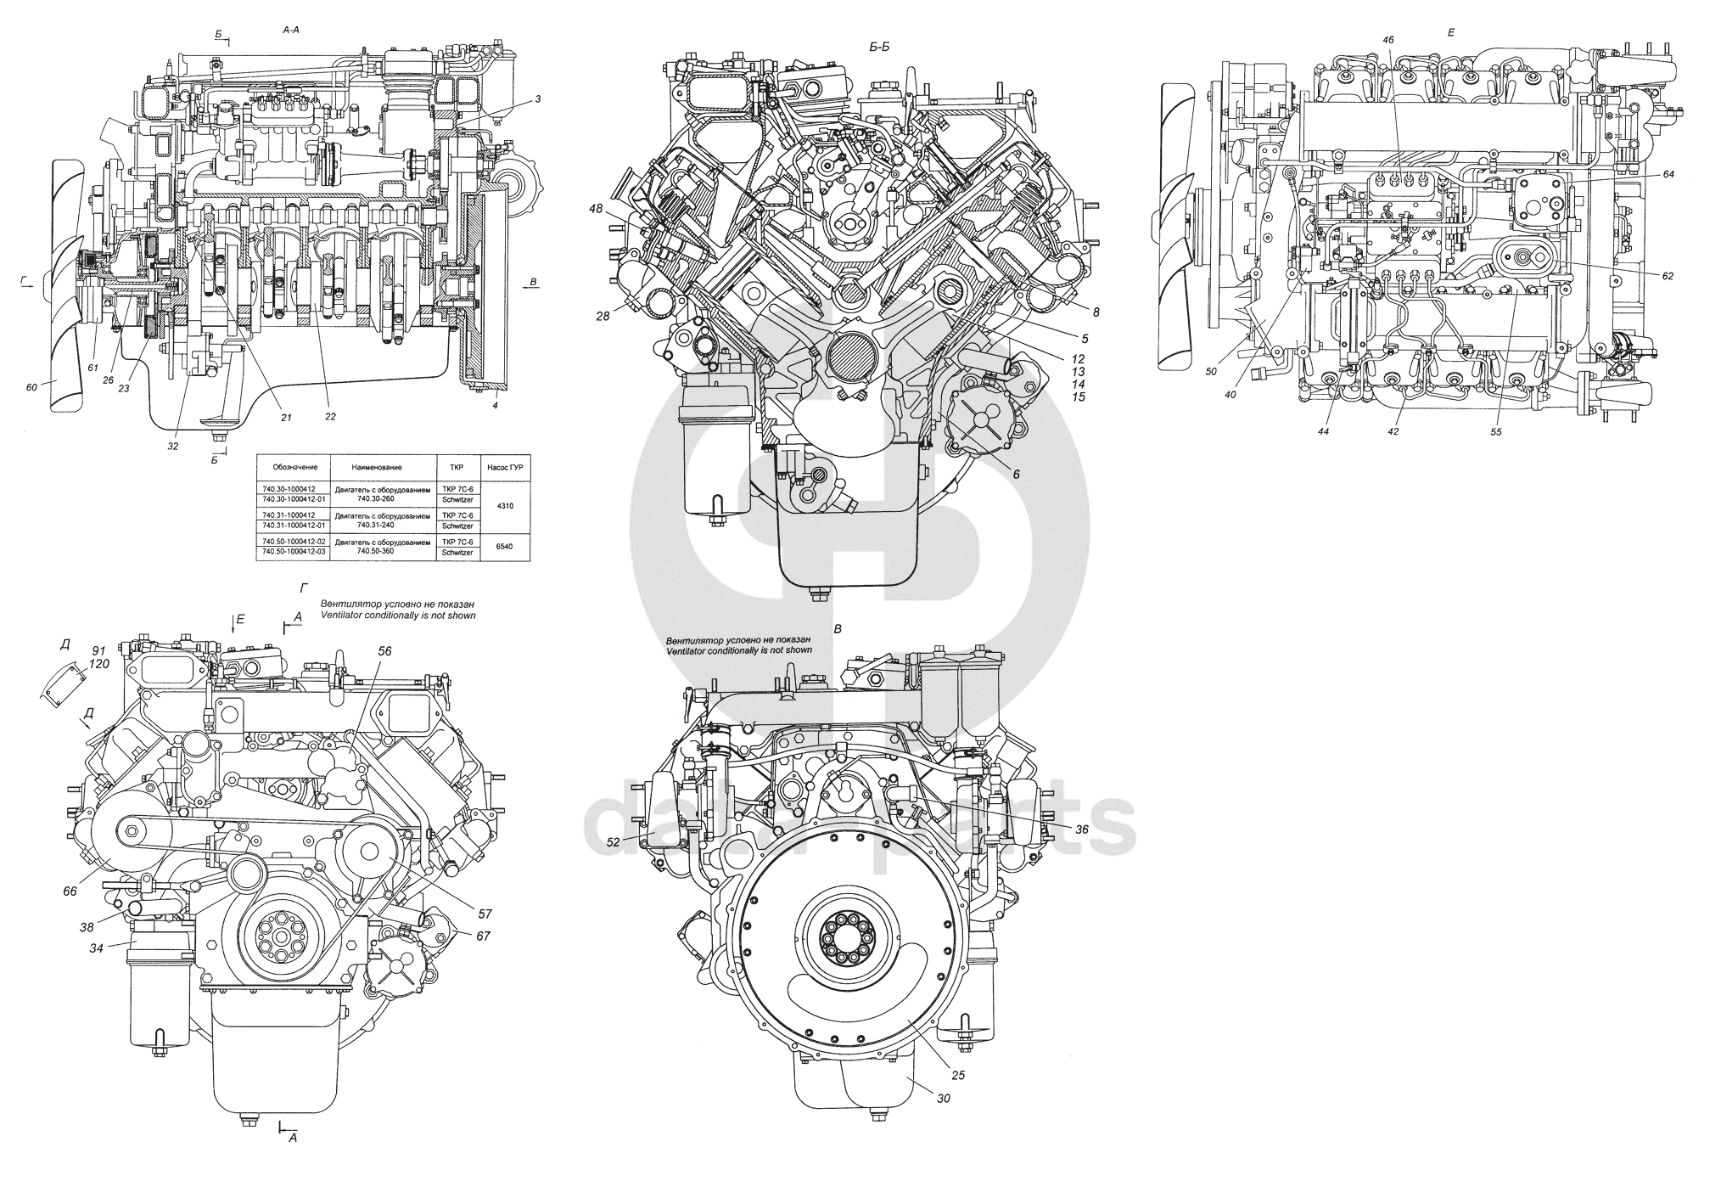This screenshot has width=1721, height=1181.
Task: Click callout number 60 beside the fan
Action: [31, 387]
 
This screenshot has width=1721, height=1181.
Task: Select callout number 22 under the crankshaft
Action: [330, 416]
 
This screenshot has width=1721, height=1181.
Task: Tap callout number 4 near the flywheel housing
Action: [496, 406]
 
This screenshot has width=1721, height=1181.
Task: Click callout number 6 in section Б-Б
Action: [1016, 474]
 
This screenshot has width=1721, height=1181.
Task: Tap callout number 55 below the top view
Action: [1496, 431]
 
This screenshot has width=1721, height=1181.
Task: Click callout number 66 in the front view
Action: [70, 891]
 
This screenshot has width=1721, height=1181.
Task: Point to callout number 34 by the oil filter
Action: [97, 948]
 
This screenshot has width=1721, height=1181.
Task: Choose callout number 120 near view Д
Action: [99, 664]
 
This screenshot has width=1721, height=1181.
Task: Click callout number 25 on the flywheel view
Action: [958, 1075]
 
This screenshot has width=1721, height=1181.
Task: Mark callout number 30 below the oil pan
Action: [943, 1098]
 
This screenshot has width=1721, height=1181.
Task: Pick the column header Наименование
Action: [377, 467]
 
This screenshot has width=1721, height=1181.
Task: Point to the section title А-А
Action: [290, 29]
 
